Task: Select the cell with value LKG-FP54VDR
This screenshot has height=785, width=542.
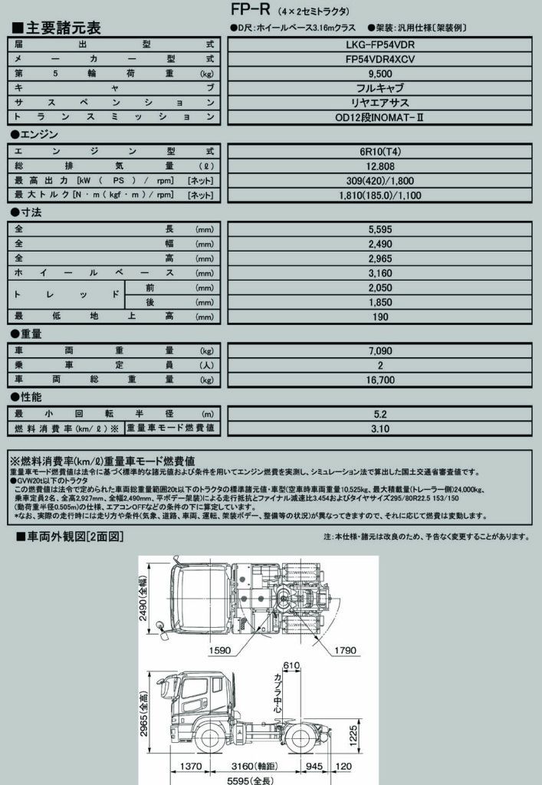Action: point(380,44)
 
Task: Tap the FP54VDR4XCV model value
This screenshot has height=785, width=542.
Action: point(380,59)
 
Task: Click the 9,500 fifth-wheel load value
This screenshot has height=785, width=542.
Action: point(380,74)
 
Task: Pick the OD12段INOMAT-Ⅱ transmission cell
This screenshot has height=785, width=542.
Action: point(380,117)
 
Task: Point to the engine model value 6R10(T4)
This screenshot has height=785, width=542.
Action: point(380,151)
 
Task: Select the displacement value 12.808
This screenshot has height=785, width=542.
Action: point(380,166)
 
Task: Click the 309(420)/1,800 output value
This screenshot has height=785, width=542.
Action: point(380,180)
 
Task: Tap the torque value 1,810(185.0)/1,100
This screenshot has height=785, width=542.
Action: point(380,195)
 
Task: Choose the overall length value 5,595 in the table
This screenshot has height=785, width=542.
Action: point(380,229)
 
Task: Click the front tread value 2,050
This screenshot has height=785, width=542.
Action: point(380,287)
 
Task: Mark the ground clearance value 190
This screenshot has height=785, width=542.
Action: point(380,316)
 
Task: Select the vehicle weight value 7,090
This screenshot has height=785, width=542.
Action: point(380,350)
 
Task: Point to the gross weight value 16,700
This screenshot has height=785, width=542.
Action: point(380,379)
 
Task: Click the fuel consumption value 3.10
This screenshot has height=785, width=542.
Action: point(380,429)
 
